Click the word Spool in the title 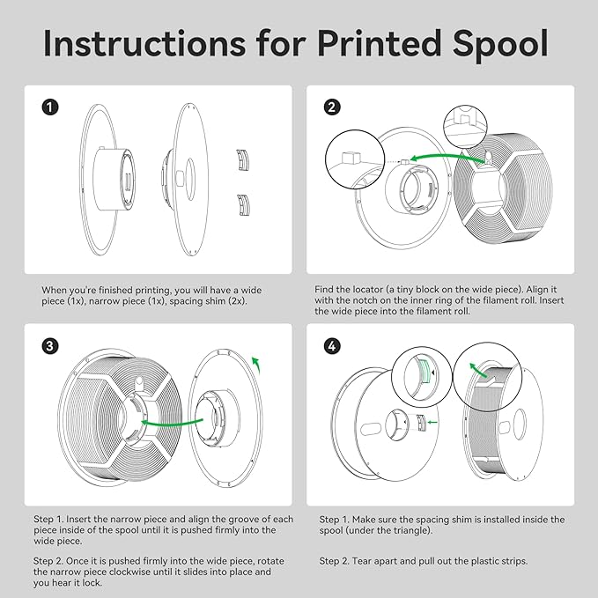click(x=501, y=45)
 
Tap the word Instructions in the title click(x=145, y=42)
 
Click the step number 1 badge click(x=50, y=107)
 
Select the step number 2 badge click(x=332, y=107)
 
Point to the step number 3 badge click(x=50, y=346)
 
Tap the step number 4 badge click(x=332, y=346)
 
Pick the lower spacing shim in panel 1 click(x=243, y=205)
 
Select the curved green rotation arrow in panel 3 click(x=256, y=365)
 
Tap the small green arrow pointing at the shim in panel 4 click(x=432, y=422)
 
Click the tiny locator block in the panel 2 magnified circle click(x=351, y=158)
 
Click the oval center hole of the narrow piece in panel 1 click(x=190, y=179)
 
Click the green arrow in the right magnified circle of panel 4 click(x=478, y=370)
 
